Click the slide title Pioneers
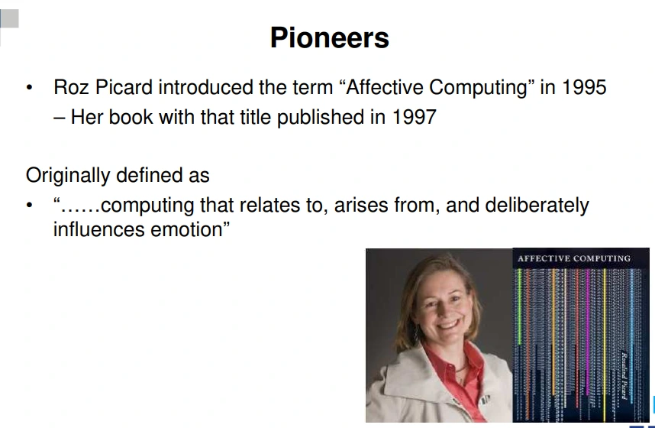pos(330,38)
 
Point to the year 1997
pos(415,117)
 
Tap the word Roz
pos(71,87)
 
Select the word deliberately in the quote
pos(537,206)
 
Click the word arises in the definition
pos(361,206)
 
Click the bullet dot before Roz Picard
pos(29,88)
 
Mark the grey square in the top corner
pos(10,18)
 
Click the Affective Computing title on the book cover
pos(574,258)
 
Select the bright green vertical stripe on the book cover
pos(520,306)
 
